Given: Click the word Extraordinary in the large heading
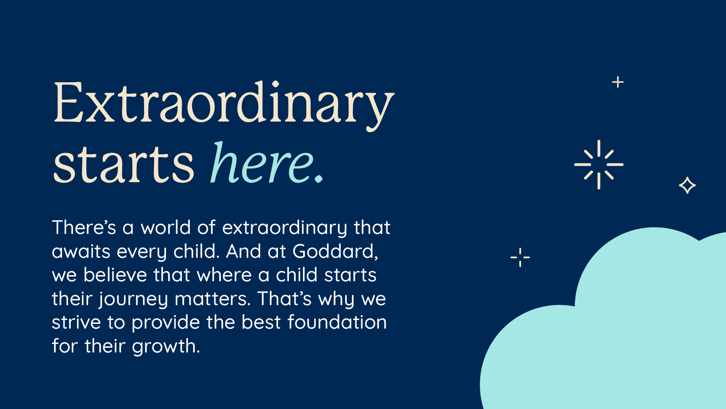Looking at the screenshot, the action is click(224, 105).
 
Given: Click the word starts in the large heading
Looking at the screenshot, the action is click(124, 165).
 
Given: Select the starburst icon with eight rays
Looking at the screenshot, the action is click(599, 164).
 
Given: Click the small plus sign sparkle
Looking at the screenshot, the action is click(618, 82).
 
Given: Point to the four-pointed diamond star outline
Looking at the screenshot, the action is click(687, 185).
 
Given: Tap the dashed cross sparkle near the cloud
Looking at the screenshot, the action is click(520, 258).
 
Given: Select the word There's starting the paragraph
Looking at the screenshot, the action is click(84, 227).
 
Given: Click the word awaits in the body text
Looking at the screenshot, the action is click(81, 251).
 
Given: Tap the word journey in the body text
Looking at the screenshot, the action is click(133, 300).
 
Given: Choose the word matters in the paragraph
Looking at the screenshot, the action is click(213, 299).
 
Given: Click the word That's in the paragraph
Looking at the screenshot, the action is click(284, 298).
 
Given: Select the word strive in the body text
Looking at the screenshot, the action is click(76, 322).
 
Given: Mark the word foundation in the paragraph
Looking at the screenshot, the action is click(337, 322).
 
